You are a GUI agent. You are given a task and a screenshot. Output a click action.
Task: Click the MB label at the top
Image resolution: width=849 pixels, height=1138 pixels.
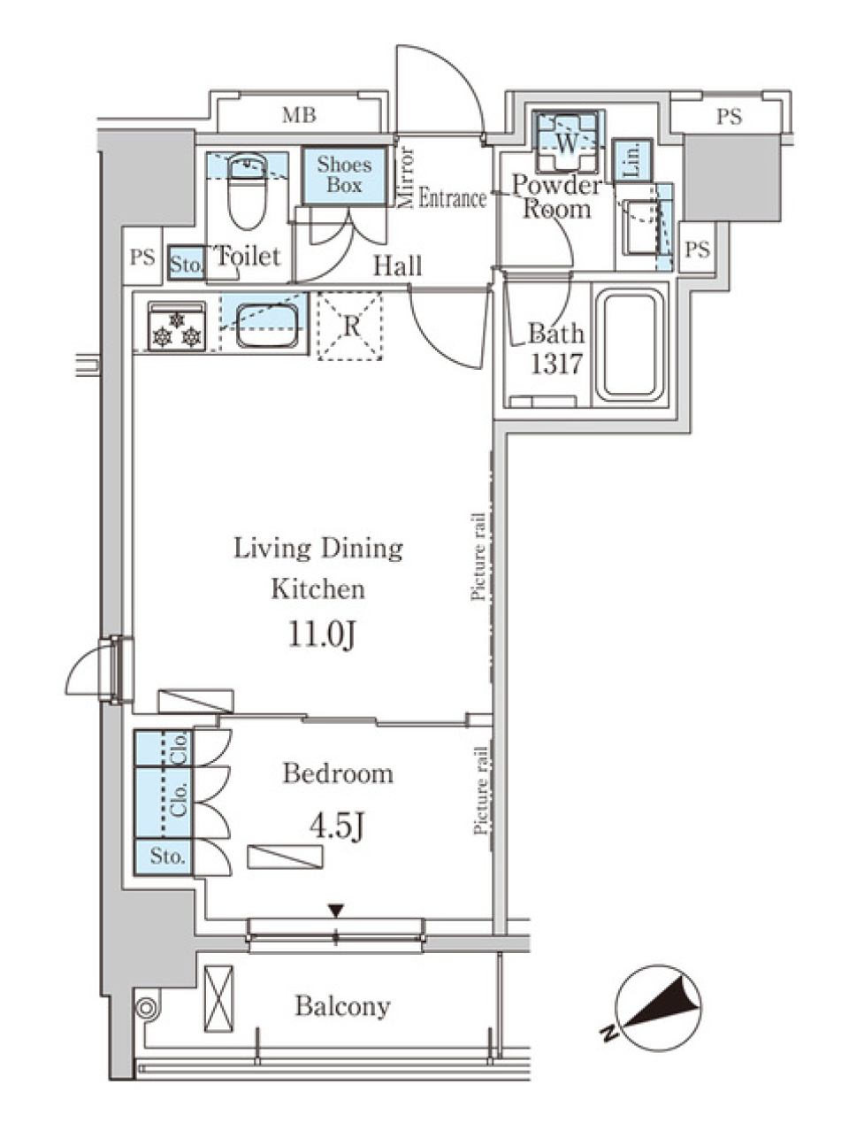(x=299, y=115)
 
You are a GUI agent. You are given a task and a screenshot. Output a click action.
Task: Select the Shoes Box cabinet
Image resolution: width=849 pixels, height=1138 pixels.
(x=344, y=175)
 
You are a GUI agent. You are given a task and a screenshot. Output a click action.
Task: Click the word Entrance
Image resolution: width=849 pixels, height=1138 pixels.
(x=452, y=199)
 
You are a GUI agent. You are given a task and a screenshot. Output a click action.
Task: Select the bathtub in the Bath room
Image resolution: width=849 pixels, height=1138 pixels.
(x=630, y=345)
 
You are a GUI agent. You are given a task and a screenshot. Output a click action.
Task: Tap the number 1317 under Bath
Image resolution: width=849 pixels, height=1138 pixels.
(x=555, y=365)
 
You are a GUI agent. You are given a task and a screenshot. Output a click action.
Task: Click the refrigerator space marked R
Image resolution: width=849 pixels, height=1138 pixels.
(x=351, y=326)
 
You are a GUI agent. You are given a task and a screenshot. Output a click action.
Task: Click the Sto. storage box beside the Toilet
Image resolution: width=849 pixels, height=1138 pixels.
(x=186, y=263)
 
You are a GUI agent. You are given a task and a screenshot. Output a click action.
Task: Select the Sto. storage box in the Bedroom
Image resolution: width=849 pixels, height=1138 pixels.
(x=165, y=857)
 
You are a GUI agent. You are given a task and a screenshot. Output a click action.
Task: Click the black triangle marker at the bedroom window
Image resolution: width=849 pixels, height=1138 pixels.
(x=335, y=911)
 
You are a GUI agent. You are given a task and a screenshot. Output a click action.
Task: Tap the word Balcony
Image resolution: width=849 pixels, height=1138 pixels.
(x=342, y=1006)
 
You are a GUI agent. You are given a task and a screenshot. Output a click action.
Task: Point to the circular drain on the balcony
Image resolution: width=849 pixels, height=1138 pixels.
(x=145, y=1006)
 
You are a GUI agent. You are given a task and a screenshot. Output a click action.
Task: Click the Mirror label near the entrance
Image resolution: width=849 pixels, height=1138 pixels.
(x=407, y=177)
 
